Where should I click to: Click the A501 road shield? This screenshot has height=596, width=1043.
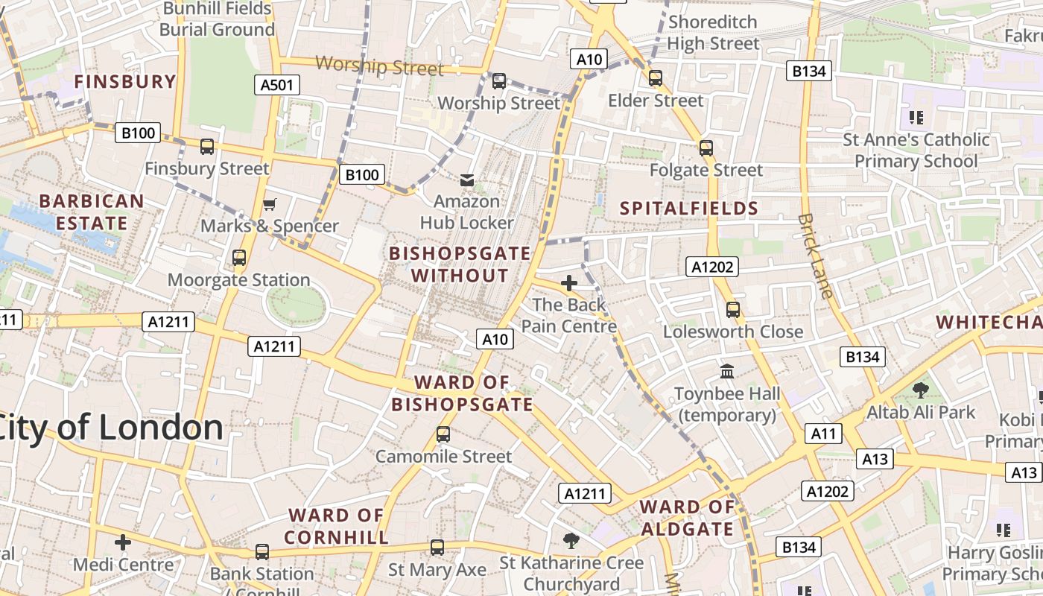[x=276, y=85]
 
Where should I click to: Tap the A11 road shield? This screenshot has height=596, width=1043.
[x=823, y=434]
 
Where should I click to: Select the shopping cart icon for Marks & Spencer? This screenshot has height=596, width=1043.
[x=270, y=204]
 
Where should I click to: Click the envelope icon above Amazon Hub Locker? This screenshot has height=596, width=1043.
[x=467, y=180]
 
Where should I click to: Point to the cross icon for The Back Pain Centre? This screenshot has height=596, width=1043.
[x=569, y=283]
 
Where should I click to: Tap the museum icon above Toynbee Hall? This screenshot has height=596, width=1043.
[x=727, y=371]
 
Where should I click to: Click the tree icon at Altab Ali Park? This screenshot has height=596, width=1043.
[x=921, y=390]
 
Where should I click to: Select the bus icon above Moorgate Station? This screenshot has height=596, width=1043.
[x=239, y=258]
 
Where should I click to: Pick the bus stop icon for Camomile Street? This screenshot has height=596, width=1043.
[x=443, y=434]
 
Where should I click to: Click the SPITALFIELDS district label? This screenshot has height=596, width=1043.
[x=689, y=209]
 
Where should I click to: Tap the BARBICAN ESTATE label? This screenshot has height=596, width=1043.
[x=92, y=212]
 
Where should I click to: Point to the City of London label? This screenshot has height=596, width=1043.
[x=112, y=428]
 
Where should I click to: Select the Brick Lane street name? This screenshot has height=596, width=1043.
[x=815, y=256]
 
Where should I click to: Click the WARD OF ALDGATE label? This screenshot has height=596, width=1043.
[x=687, y=519]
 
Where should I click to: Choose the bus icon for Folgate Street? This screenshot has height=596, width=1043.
[x=706, y=148]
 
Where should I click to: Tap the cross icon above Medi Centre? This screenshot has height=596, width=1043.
[x=123, y=542]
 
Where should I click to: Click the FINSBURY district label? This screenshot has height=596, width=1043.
[x=125, y=81]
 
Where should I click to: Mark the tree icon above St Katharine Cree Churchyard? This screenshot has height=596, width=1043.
[x=571, y=540]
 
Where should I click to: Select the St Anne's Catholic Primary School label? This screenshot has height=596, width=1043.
[x=916, y=150]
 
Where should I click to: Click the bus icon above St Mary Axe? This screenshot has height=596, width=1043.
[x=437, y=548]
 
